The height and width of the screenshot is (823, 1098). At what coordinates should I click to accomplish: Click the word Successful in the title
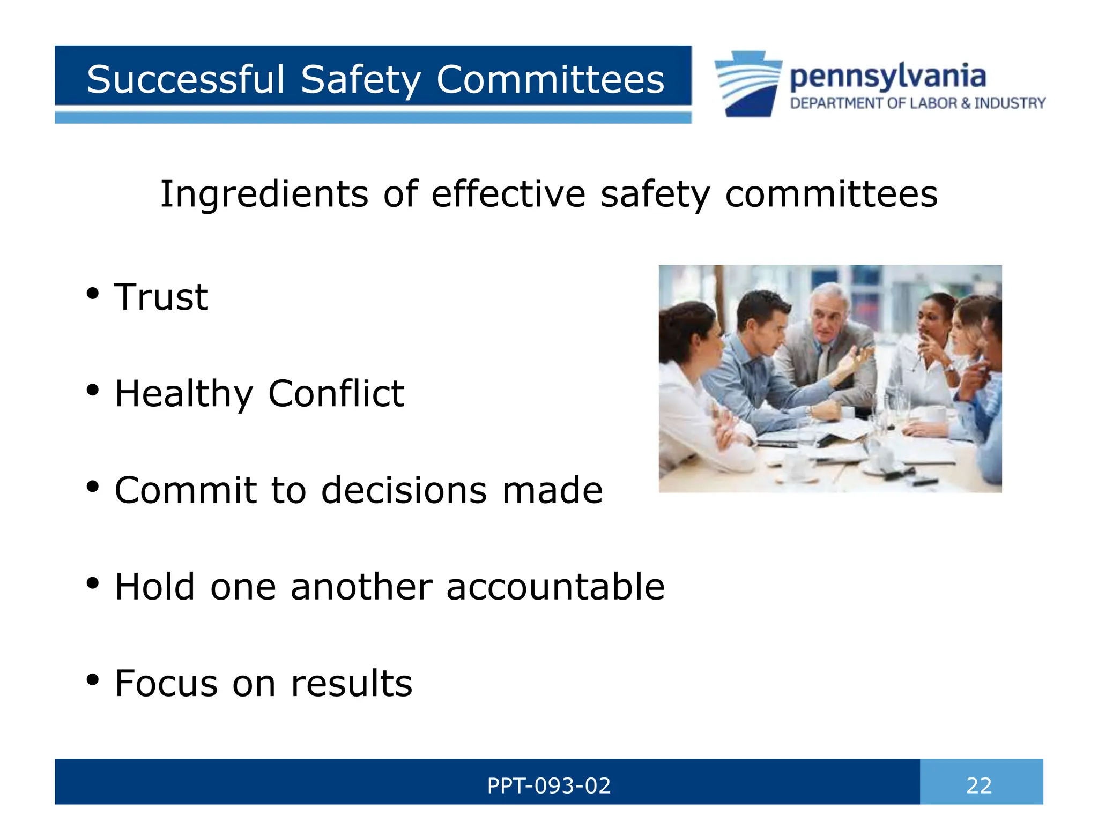185,80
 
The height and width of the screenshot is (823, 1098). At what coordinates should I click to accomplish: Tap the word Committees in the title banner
550,80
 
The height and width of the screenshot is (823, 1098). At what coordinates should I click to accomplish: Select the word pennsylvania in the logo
887,77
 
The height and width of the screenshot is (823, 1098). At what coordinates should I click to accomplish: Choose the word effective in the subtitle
508,194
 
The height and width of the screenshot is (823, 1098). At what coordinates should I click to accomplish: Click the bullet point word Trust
161,297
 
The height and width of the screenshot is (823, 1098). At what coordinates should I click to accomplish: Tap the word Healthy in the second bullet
184,394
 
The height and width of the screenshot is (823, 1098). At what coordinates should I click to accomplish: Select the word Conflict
336,394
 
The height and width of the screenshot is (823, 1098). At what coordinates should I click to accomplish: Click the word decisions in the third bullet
404,490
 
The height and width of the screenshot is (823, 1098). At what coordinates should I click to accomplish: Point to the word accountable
555,587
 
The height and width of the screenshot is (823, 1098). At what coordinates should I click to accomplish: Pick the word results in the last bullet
352,684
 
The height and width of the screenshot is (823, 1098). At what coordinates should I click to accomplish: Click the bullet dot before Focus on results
93,679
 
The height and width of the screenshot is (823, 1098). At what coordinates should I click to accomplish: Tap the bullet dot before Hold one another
93,583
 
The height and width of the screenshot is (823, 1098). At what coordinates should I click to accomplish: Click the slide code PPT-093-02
549,786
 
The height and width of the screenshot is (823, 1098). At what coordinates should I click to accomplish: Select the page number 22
979,786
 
